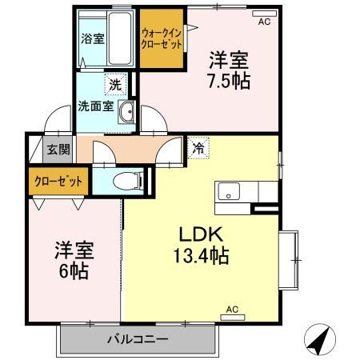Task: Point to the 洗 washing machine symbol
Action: click(x=115, y=83)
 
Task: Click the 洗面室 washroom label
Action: click(x=96, y=106)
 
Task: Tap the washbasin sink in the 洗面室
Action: click(x=126, y=114)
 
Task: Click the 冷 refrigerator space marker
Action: click(x=198, y=147)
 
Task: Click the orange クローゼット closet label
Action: click(x=58, y=181)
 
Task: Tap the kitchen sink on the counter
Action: click(x=230, y=193)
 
